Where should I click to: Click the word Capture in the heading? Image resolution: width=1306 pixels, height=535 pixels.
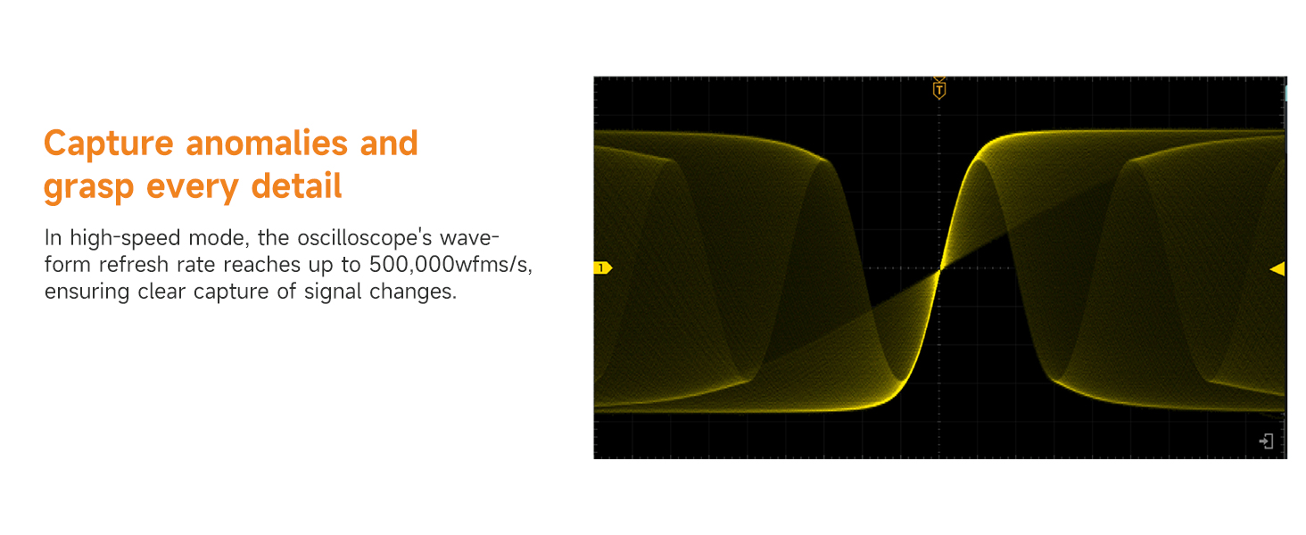[x=109, y=144]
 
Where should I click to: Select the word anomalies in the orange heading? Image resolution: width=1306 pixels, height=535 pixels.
[x=267, y=143]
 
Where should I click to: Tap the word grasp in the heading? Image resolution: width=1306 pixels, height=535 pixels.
[x=88, y=187]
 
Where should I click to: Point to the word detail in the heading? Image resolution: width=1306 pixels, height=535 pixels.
[x=296, y=185]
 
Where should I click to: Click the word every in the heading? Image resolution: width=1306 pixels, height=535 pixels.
[x=193, y=187]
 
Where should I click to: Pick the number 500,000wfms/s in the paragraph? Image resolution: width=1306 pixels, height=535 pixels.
[x=450, y=265]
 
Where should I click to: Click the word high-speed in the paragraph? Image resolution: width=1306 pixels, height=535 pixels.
[x=126, y=238]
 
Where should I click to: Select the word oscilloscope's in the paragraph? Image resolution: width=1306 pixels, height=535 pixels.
[x=365, y=238]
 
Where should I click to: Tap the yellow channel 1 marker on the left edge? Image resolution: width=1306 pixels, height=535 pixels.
[x=603, y=268]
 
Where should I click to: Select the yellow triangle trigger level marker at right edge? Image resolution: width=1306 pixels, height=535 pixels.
[x=1277, y=268]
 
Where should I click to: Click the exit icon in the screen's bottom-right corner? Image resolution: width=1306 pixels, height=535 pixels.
[x=1266, y=441]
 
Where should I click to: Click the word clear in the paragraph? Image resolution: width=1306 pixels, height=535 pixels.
[x=161, y=292]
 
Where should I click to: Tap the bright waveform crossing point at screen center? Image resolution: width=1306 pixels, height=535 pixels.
[x=939, y=269]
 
